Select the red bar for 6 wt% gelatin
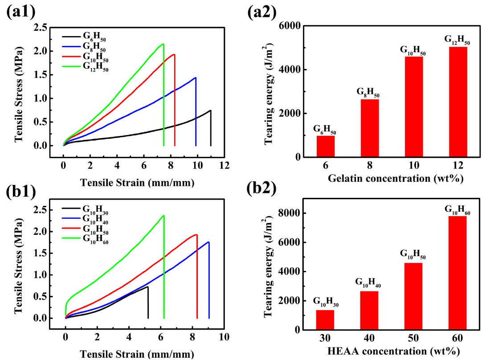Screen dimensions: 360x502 pyautogui.click(x=326, y=146)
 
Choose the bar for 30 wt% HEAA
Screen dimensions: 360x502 pyautogui.click(x=325, y=319)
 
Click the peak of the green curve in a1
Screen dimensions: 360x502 pyautogui.click(x=163, y=44)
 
